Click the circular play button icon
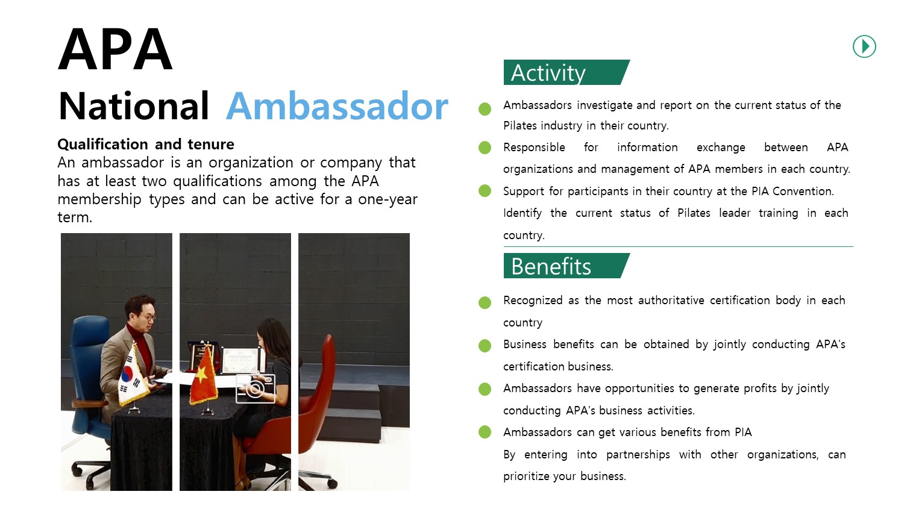864,46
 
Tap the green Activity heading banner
566,72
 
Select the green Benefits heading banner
566,266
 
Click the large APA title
115,49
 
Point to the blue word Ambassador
337,106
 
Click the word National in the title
134,106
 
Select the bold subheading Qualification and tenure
146,145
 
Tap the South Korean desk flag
132,378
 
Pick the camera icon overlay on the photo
255,389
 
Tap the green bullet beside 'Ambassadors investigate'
485,108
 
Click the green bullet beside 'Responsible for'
485,147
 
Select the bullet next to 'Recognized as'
485,302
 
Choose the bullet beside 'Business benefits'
485,345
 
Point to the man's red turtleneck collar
136,330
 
